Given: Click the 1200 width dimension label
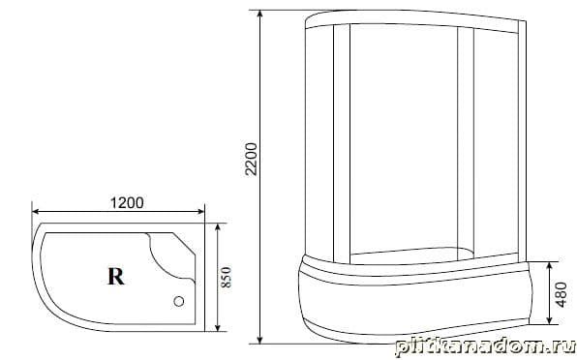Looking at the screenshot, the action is [127, 202].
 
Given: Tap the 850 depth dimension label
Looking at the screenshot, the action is [227, 277].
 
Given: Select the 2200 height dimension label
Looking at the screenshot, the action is [252, 160].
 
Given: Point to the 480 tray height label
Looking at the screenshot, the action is [562, 294].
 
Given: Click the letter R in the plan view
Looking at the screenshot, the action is [116, 276].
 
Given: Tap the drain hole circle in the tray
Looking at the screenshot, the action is [179, 302].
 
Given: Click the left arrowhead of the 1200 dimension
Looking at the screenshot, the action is [36, 211].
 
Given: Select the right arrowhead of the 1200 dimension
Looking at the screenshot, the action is [200, 211].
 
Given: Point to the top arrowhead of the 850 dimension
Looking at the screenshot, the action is [218, 227].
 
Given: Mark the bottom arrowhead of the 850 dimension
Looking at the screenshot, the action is [218, 327].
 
